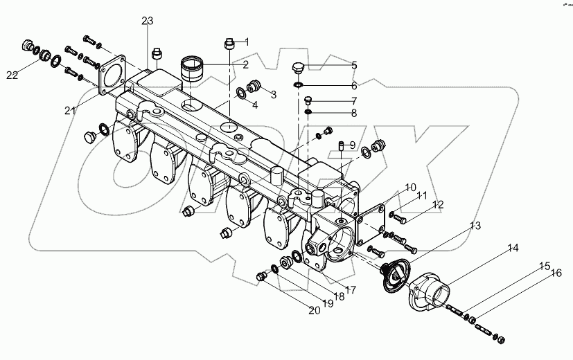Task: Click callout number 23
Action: pos(147,21)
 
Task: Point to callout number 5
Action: pos(353,66)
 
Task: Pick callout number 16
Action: pos(555,274)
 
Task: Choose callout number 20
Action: pos(314,310)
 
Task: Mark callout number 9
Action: pos(353,145)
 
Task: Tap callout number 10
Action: pos(411,188)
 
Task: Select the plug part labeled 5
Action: pos(297,67)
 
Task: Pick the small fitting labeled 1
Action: pos(229,45)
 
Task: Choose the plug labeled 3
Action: pos(254,87)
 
